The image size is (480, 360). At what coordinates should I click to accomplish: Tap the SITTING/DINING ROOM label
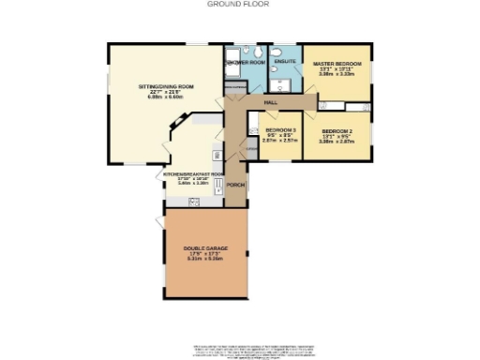(x=166, y=85)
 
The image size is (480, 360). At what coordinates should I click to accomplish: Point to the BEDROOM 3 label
(x=280, y=129)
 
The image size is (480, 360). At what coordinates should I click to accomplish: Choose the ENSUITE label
(x=285, y=61)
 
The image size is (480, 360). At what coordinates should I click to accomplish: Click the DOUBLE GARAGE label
(x=205, y=248)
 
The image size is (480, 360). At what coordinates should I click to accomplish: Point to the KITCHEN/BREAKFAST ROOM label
(x=193, y=174)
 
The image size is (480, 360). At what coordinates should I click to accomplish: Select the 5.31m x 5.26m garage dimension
(x=205, y=260)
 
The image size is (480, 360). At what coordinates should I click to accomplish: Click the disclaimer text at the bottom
(x=253, y=350)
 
